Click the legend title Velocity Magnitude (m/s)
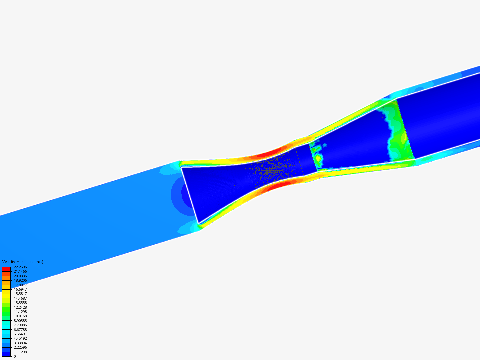(23, 262)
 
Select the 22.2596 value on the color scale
(20, 267)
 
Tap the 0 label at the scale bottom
(15, 356)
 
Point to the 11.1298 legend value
(20, 312)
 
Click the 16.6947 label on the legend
(20, 289)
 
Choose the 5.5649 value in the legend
(19, 334)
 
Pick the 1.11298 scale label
(20, 352)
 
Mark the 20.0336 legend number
(20, 276)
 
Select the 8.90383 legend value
(20, 321)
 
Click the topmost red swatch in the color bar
(6, 269)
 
